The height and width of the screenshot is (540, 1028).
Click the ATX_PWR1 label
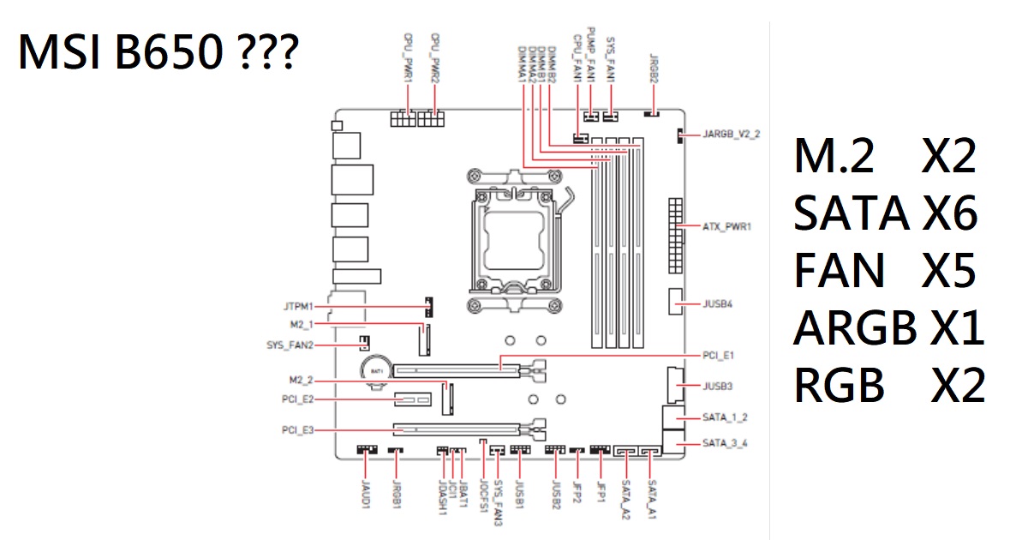(726, 227)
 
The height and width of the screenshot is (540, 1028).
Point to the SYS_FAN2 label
(291, 345)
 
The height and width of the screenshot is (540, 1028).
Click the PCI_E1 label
(718, 354)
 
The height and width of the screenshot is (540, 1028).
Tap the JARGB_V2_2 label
(731, 135)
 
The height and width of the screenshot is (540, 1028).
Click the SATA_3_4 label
(725, 443)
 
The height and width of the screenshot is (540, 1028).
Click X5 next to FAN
(948, 272)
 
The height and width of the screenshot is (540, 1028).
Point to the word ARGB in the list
(853, 328)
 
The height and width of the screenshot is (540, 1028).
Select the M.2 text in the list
(834, 159)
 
